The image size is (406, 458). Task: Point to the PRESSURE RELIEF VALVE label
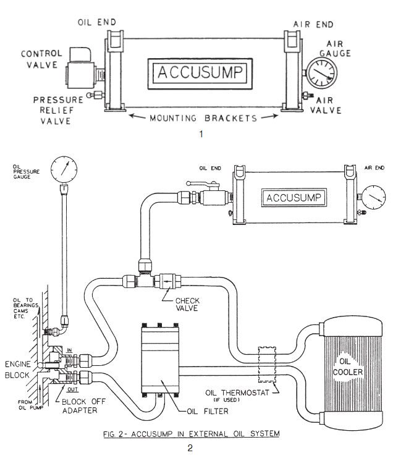pos(59,109)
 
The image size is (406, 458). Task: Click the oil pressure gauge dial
pos(66,168)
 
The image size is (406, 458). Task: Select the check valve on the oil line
pos(167,280)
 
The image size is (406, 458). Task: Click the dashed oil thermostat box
pos(266,361)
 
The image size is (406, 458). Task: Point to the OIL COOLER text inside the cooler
pos(350,367)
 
